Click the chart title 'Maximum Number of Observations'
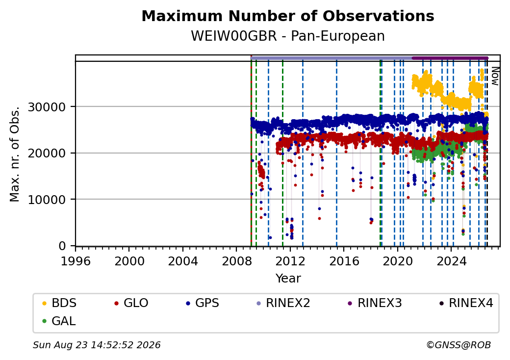[288, 16]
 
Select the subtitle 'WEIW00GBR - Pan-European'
[288, 36]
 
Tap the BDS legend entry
[59, 303]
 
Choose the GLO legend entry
[131, 303]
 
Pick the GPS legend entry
[203, 303]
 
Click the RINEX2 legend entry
[283, 303]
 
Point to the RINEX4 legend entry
[466, 303]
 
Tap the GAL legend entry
[59, 321]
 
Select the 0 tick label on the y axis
[62, 246]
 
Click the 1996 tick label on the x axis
[76, 261]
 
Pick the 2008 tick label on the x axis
[237, 261]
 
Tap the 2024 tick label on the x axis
[452, 261]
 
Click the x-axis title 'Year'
[288, 279]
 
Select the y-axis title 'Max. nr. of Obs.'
[15, 154]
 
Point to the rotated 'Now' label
[495, 76]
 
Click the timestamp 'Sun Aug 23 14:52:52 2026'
[97, 345]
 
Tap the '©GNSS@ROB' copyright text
[459, 345]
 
